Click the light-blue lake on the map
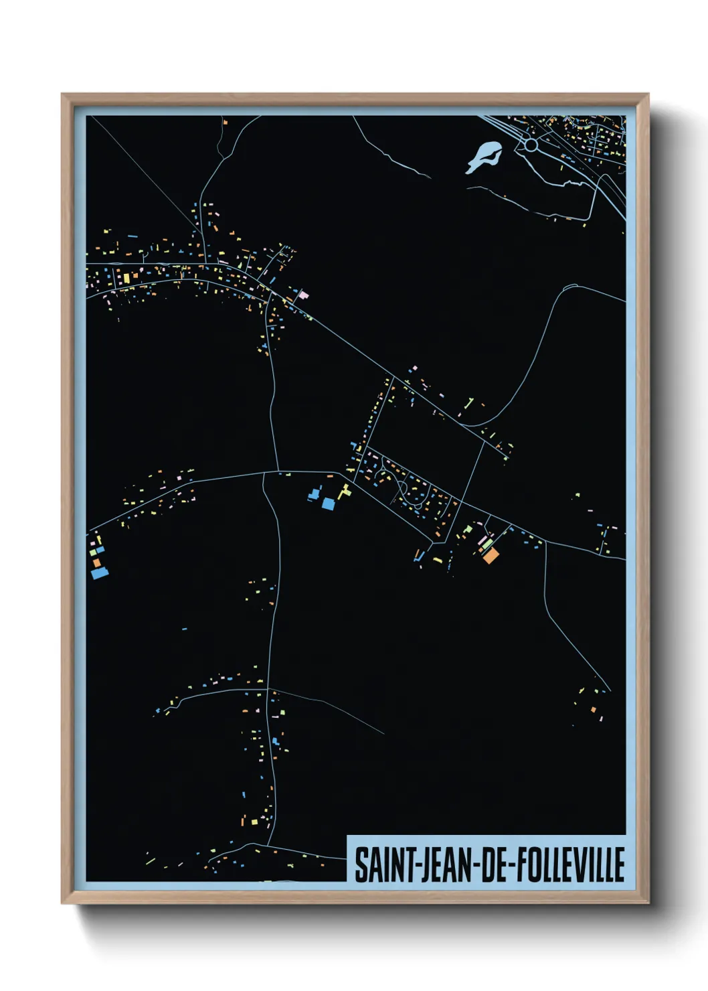tap(483, 157)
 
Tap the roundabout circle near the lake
tap(531, 145)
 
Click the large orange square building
tap(491, 555)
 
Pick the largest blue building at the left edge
tap(99, 573)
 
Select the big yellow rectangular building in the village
tap(125, 277)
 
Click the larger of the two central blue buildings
tap(328, 504)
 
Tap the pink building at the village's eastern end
tap(303, 295)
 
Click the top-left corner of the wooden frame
tap(62, 94)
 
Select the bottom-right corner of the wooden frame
tap(648, 903)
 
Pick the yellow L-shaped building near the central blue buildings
tap(344, 493)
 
